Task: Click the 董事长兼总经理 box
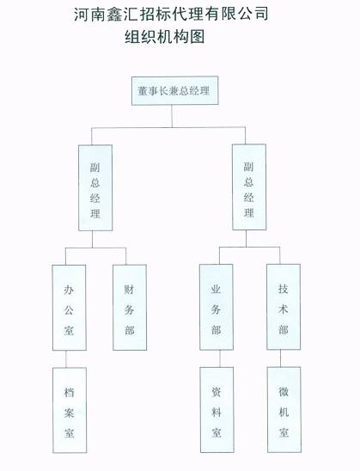174,90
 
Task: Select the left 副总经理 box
95,187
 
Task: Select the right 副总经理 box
249,187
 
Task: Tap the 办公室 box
69,308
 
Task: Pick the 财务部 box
130,308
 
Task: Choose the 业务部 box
217,307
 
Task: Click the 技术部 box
284,307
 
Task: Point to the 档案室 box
70,410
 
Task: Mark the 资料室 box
217,410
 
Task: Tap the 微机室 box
284,409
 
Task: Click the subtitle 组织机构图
165,37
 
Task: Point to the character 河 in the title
82,14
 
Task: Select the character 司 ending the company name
260,14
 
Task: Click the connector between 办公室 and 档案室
66,359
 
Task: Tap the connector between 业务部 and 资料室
219,358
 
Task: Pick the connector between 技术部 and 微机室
280,358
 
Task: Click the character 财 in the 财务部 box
129,290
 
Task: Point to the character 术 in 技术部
284,309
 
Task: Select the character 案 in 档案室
69,413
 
